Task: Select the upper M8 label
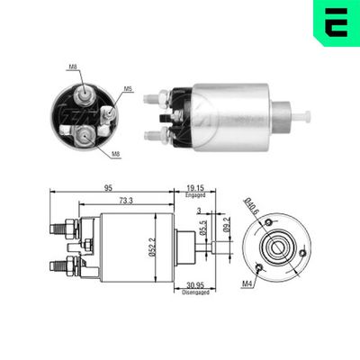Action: [72, 67]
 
